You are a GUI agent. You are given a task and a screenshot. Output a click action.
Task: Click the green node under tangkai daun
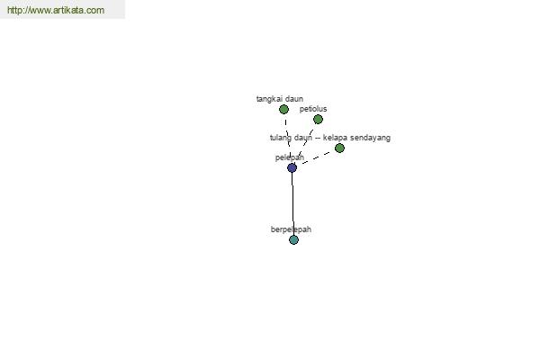click(283, 110)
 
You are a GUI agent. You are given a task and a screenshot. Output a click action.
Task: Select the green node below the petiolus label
click(318, 120)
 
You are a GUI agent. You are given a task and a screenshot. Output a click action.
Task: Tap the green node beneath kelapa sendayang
click(339, 148)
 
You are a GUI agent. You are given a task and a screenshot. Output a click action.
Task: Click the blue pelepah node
click(292, 168)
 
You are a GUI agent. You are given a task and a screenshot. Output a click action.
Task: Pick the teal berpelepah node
click(293, 240)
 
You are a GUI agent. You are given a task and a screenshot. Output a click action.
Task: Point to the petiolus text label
click(313, 109)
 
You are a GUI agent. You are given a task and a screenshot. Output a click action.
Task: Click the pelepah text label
click(290, 157)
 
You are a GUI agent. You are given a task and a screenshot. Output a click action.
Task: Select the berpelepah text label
click(291, 229)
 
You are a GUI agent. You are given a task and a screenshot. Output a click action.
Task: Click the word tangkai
click(268, 99)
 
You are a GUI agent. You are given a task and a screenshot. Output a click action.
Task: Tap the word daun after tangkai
click(293, 99)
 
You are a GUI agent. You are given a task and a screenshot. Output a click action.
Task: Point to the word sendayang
click(370, 138)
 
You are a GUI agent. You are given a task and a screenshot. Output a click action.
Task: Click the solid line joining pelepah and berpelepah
click(292, 204)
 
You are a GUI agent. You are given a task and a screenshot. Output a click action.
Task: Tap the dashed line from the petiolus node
click(305, 144)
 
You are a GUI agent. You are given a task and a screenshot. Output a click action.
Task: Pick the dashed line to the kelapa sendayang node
click(316, 158)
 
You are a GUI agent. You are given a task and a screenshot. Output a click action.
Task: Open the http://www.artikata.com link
click(56, 10)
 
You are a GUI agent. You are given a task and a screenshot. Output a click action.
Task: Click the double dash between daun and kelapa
click(317, 139)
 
